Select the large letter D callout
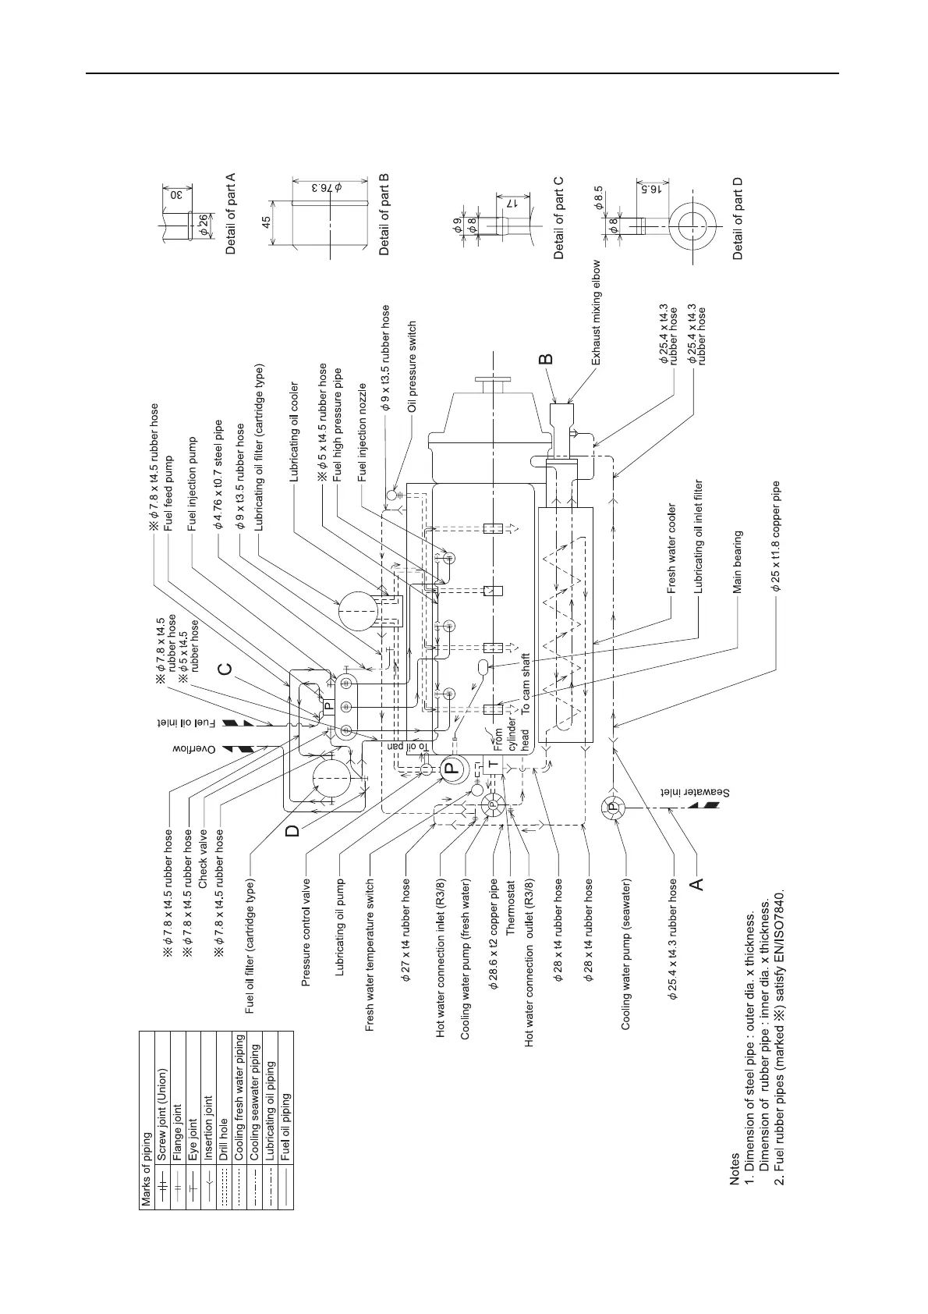pos(292,829)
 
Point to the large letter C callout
pos(226,669)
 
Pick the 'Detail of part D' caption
pos(739,219)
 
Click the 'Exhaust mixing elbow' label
pos(597,313)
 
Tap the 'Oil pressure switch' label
pos(413,367)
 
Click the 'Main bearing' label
pos(738,562)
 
